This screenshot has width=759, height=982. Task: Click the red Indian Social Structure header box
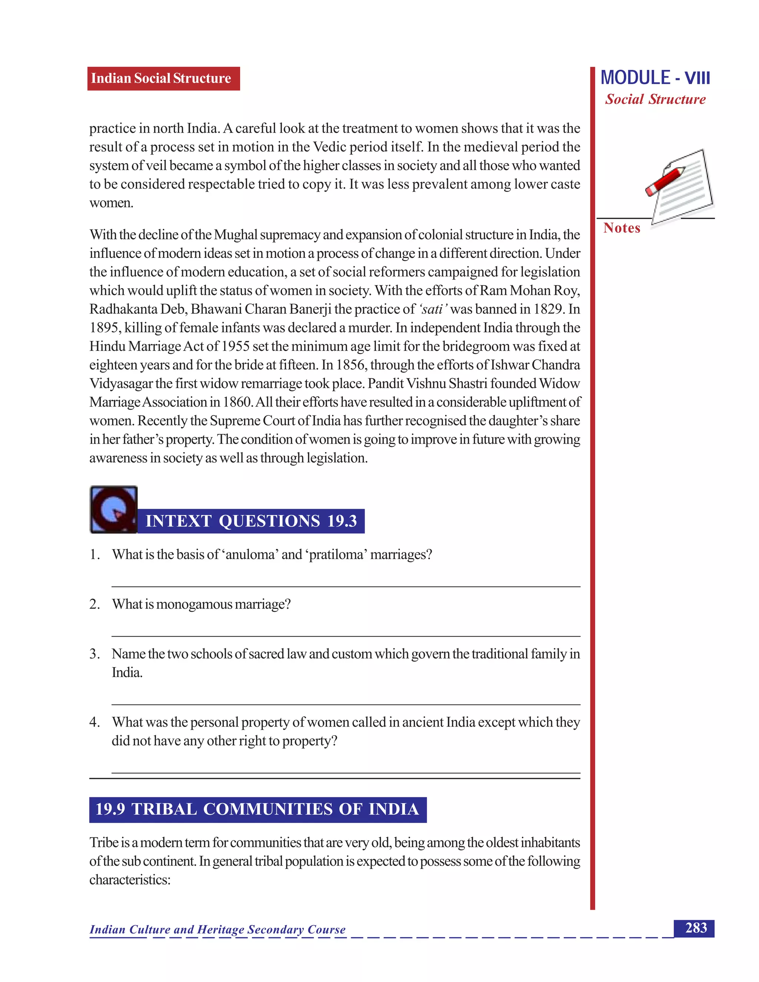click(x=163, y=79)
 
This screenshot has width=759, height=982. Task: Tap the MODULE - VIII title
click(x=655, y=78)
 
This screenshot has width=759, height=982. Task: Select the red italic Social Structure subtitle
click(x=655, y=99)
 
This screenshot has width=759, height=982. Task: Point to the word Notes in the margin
click(x=622, y=228)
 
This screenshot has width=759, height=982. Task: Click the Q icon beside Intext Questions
click(x=113, y=510)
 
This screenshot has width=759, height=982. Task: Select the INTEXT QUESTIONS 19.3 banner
click(x=251, y=521)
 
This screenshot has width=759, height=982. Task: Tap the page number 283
click(x=695, y=928)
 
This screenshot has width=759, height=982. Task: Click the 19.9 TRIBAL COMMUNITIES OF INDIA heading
click(x=258, y=809)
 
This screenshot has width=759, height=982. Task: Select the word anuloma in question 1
click(x=249, y=555)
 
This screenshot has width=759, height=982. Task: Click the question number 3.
click(x=94, y=654)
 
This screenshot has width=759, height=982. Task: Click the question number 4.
click(x=94, y=722)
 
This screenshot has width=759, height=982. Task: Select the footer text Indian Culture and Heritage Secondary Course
click(x=218, y=929)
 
